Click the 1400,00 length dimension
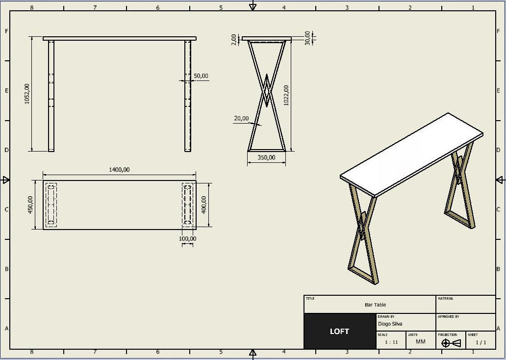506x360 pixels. coord(119,170)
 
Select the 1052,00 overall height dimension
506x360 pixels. coord(27,93)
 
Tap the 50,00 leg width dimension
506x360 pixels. coord(201,76)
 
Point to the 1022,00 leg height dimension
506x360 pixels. coord(286,95)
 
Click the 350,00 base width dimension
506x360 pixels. coord(266,157)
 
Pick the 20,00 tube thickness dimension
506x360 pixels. coord(241,118)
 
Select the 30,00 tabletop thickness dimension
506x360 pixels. coord(307,38)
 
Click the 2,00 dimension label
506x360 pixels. coord(234,39)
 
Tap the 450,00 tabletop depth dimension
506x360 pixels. coord(30,205)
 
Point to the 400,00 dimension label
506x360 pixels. coord(204,205)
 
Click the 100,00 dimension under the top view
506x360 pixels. coord(187,239)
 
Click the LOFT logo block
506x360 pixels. coord(339,332)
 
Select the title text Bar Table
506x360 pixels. coord(375,305)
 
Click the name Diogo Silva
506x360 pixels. coord(390,324)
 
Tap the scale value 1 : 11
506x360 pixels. coord(391,342)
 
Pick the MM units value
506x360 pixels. coord(421,341)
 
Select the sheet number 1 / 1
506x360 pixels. coord(481,342)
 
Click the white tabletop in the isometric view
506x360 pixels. coord(412,154)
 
